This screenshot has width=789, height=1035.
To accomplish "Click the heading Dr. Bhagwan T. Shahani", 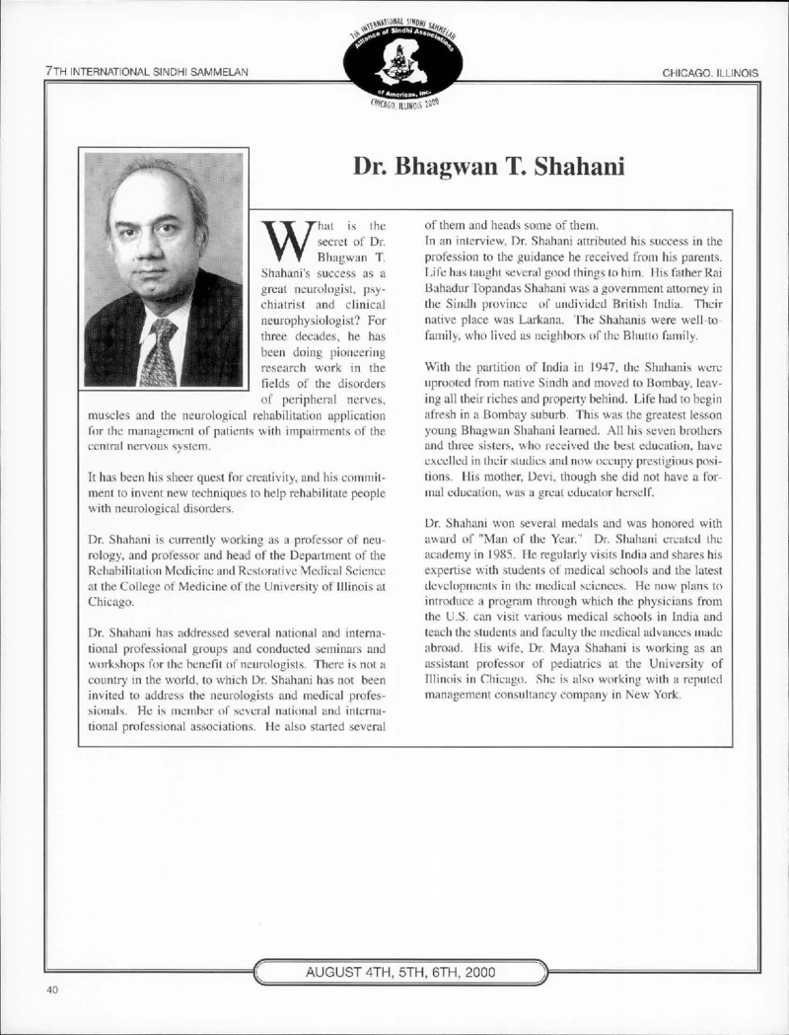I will [489, 168].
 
